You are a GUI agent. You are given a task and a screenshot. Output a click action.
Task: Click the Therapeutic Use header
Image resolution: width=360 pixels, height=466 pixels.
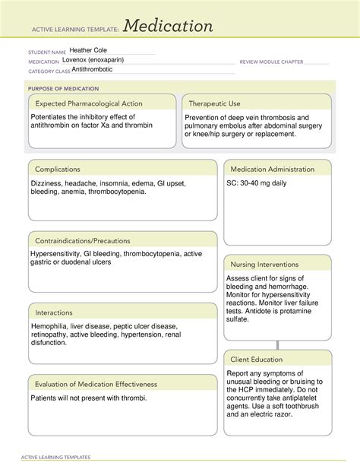(x=214, y=103)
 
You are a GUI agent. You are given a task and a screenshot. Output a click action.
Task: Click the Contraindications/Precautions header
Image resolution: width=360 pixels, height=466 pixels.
(x=81, y=241)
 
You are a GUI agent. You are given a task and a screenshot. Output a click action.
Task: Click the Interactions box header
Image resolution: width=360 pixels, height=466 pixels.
(x=53, y=312)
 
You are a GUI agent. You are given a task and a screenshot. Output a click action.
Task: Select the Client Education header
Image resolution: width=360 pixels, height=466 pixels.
(x=257, y=359)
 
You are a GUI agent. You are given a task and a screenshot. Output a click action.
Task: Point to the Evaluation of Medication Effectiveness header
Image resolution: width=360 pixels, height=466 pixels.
(x=94, y=384)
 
